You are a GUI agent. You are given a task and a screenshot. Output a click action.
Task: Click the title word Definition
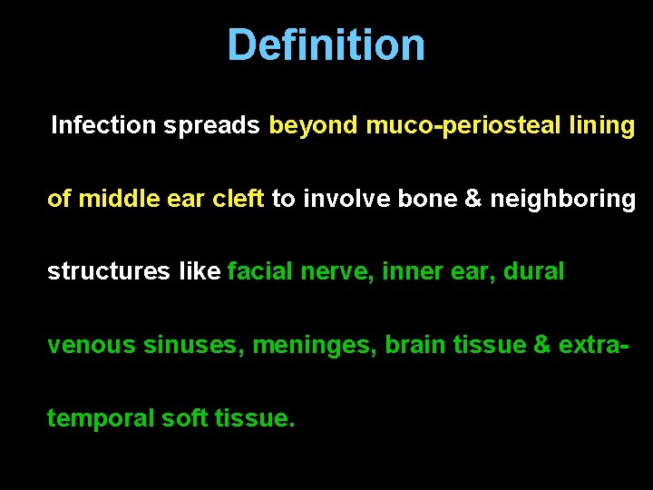coord(326,44)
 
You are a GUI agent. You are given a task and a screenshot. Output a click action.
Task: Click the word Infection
coord(103,125)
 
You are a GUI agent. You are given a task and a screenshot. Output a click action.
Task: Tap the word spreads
coord(212,125)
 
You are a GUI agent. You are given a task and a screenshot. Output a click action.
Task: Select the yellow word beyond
coord(314,125)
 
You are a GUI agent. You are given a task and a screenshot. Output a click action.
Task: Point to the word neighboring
coord(562,199)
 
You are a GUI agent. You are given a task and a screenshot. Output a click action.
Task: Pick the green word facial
coord(258,271)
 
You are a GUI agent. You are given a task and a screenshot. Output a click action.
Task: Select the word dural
coord(534,271)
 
